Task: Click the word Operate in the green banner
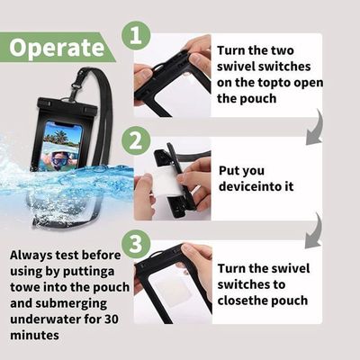(x=57, y=48)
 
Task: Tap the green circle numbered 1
(x=136, y=36)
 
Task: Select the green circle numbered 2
(x=136, y=140)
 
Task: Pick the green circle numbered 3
(x=136, y=243)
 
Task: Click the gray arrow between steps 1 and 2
(x=316, y=128)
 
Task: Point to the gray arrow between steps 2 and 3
(x=315, y=231)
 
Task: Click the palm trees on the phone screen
(x=56, y=136)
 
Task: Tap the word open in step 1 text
(x=309, y=83)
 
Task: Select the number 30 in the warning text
(x=112, y=319)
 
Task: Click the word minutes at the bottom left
(x=34, y=335)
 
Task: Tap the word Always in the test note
(x=31, y=256)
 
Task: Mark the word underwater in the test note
(x=46, y=319)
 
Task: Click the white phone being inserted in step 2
(x=166, y=183)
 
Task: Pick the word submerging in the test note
(x=71, y=303)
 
